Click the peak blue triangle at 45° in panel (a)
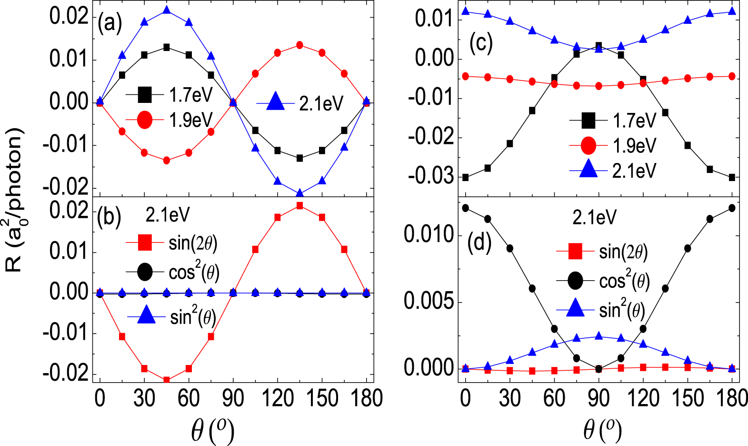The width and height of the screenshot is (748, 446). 167,10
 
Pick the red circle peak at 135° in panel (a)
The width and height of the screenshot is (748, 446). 299,45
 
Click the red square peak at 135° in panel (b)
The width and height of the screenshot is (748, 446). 299,206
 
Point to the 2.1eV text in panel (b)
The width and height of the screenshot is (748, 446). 167,215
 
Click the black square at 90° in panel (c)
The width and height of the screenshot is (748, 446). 598,46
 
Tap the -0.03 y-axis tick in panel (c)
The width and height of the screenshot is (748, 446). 431,176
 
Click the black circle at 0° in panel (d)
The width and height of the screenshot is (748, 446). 465,208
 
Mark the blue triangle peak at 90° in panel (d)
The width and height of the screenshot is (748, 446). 598,336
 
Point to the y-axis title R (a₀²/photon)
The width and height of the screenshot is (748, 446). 14,200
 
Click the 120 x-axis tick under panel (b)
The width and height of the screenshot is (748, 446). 278,398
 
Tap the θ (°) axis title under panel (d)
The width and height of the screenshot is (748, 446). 602,430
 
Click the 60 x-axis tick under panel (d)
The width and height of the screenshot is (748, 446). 554,398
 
